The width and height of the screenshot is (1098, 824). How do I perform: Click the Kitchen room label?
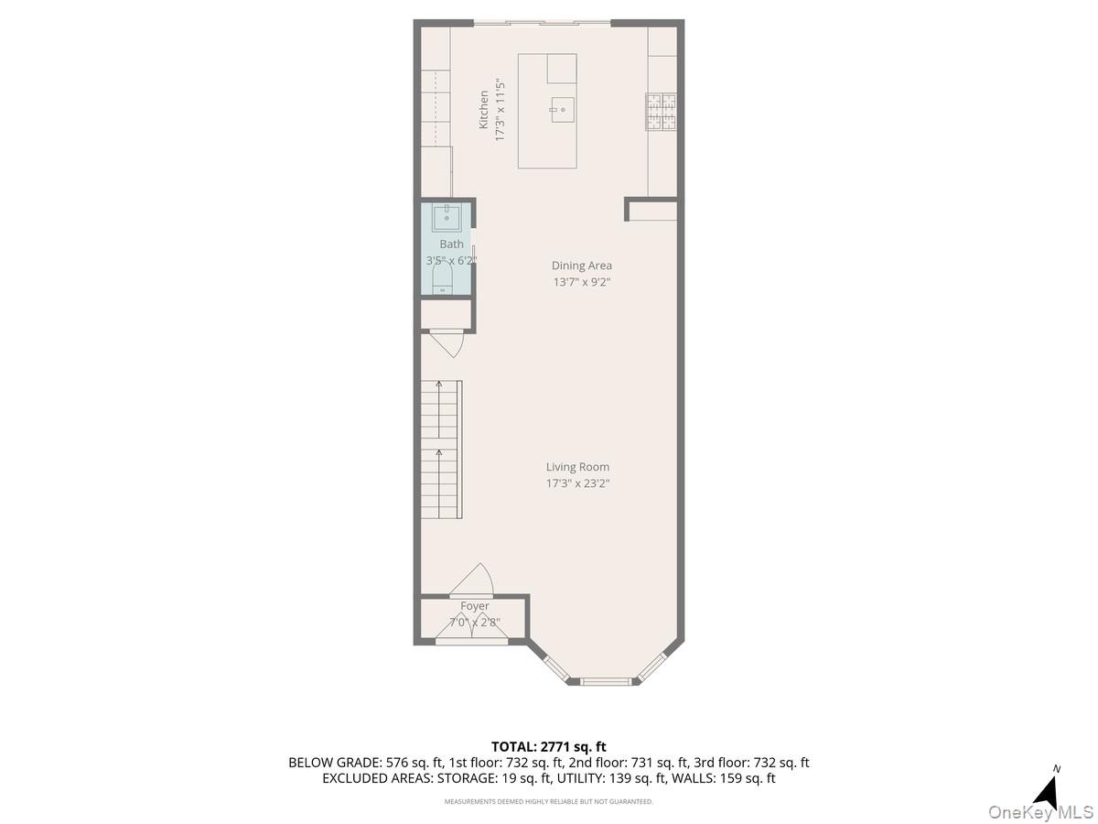[x=483, y=109]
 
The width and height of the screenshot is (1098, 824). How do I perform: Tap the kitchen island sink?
[x=562, y=112]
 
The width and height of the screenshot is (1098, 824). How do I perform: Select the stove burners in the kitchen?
[x=662, y=110]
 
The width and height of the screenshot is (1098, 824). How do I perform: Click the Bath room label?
[x=451, y=244]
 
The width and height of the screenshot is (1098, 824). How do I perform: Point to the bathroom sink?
[x=446, y=216]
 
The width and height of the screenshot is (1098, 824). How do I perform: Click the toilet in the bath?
[x=444, y=282]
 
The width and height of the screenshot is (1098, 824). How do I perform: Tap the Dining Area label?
[x=581, y=266]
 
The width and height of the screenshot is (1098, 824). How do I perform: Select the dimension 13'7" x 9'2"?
[x=581, y=282]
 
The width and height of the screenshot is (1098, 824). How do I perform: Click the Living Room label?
[x=577, y=467]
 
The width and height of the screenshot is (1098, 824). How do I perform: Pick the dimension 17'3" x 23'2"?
[x=577, y=483]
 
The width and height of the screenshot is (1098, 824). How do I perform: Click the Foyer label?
[x=474, y=606]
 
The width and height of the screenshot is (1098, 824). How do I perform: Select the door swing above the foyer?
[x=474, y=580]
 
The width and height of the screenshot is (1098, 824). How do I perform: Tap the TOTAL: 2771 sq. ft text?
[x=549, y=747]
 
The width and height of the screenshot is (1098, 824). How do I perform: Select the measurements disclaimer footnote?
[x=549, y=801]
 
